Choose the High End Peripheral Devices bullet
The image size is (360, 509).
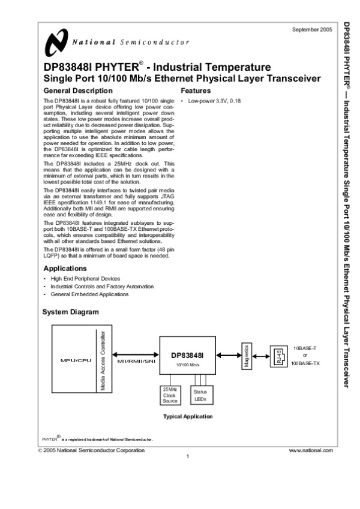tap(85, 279)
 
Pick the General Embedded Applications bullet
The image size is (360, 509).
tap(89, 294)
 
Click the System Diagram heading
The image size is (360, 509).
tap(70, 312)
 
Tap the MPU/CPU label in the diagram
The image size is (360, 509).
tap(74, 360)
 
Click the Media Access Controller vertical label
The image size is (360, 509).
tap(103, 360)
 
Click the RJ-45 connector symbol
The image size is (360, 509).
tap(278, 356)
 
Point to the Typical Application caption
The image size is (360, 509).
tap(187, 416)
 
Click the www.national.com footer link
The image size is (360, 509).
tap(310, 449)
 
